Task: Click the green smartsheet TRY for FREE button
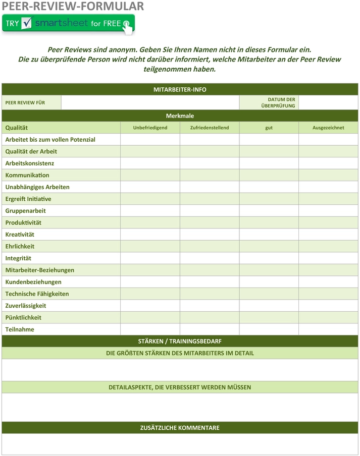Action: pos(69,24)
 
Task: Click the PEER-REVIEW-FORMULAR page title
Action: pos(73,6)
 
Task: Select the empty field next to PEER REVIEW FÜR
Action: pos(150,102)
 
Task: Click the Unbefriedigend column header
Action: pos(150,128)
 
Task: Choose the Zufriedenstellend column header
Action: pos(210,128)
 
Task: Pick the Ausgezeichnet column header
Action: pos(328,128)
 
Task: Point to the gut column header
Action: pos(269,128)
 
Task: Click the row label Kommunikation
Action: pos(27,175)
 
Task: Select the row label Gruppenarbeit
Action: pos(25,211)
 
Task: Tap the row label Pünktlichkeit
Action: pos(23,317)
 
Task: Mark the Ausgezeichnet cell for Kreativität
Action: pos(328,235)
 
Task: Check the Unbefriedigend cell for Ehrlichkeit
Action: pos(150,246)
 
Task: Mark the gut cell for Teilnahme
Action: pos(269,329)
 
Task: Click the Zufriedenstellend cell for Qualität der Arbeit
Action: pos(210,151)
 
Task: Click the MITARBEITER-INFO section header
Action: pos(180,89)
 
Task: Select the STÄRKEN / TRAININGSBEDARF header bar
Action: pos(180,341)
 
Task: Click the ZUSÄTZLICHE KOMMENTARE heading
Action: pos(180,428)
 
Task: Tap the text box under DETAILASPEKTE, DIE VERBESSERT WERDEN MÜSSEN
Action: pos(180,407)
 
